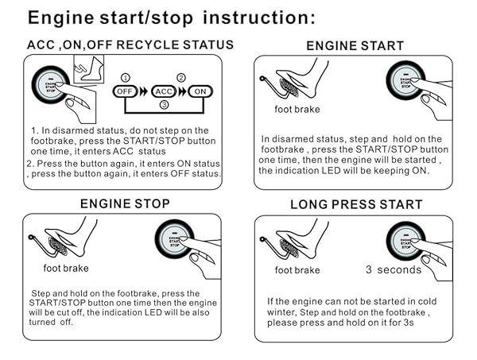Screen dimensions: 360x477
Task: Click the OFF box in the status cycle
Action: point(123,91)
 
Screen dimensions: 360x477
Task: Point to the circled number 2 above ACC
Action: point(180,77)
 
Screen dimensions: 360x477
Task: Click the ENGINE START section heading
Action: point(355,45)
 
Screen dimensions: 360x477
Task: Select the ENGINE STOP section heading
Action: point(125,204)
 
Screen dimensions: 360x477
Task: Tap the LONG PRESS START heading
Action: point(355,205)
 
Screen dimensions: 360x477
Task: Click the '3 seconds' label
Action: point(393,270)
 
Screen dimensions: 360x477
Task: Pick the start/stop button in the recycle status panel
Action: point(50,87)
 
